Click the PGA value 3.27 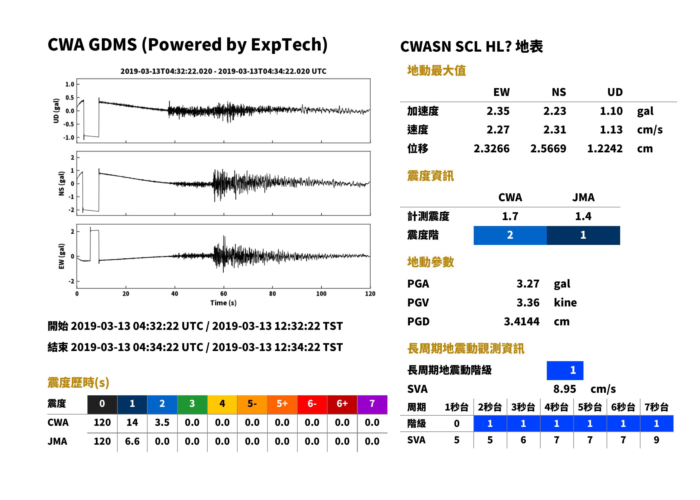click(528, 284)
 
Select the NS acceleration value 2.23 click(554, 111)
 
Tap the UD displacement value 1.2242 click(605, 148)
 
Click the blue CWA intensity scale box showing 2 click(510, 235)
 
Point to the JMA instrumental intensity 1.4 click(583, 216)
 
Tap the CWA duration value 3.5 click(162, 422)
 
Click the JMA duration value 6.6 click(132, 441)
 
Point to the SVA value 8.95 click(565, 389)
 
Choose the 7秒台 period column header click(656, 407)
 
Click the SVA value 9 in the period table click(656, 440)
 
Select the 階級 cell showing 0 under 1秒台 click(457, 424)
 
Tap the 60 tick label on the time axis click(223, 294)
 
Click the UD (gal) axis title click(56, 111)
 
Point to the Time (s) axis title click(223, 303)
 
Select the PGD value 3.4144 click(521, 321)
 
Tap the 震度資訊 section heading click(430, 176)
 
